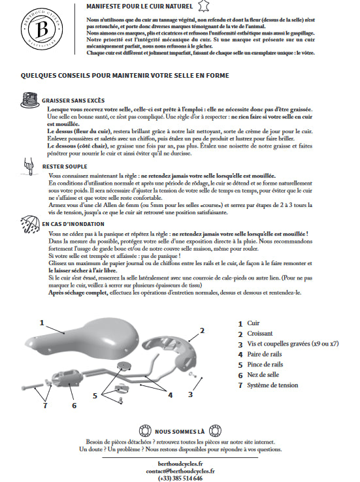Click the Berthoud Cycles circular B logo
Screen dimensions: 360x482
42,29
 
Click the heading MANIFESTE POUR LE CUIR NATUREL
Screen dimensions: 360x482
140,6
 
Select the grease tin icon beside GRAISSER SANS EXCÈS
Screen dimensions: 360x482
30,100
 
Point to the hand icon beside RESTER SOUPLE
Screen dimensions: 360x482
29,167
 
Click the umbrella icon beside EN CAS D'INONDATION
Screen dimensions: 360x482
30,223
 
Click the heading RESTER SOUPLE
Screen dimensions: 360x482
65,167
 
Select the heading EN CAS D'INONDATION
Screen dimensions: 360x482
73,224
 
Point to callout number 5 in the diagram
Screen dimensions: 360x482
95,396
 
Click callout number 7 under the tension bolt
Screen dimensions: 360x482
45,406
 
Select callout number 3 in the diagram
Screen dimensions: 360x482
190,394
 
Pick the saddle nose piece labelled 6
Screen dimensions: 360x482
67,378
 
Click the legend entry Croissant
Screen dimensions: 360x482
260,334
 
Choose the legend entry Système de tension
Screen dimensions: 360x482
272,385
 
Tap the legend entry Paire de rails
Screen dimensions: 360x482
265,354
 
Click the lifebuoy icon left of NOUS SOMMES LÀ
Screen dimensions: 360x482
145,431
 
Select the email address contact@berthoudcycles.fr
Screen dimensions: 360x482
180,471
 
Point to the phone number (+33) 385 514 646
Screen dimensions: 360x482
180,478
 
